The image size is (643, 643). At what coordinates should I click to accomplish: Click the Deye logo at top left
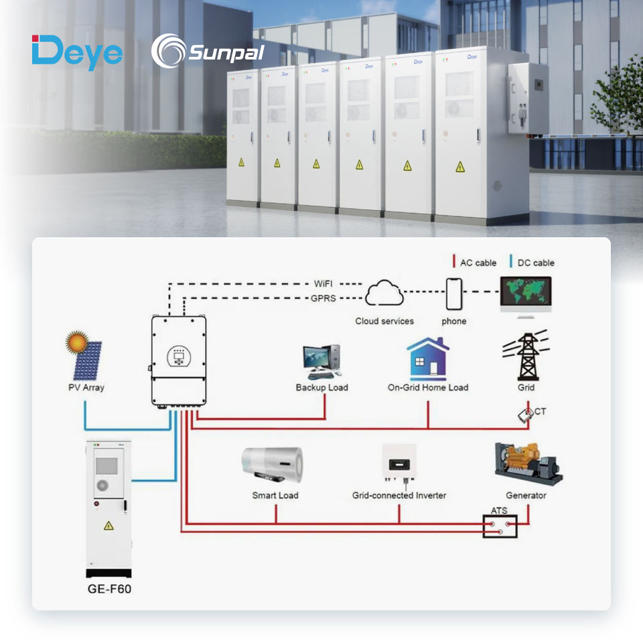tap(77, 52)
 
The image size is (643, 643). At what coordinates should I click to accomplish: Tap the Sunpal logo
tap(207, 52)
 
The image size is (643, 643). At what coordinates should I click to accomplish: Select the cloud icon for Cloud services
tap(384, 293)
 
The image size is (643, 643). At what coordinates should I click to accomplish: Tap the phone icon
tap(454, 293)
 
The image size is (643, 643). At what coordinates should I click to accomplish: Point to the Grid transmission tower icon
tap(526, 356)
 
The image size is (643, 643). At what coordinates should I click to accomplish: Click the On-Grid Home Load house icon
tap(427, 359)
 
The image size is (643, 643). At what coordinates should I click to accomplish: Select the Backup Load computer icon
tap(321, 362)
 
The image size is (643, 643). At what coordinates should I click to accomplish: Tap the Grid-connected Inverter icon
tap(399, 463)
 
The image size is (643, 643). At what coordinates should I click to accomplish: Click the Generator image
tap(528, 463)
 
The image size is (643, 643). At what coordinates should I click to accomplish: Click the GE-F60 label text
tap(110, 590)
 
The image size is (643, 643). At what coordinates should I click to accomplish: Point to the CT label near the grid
tap(540, 411)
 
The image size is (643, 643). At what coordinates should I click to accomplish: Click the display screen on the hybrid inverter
tap(179, 355)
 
